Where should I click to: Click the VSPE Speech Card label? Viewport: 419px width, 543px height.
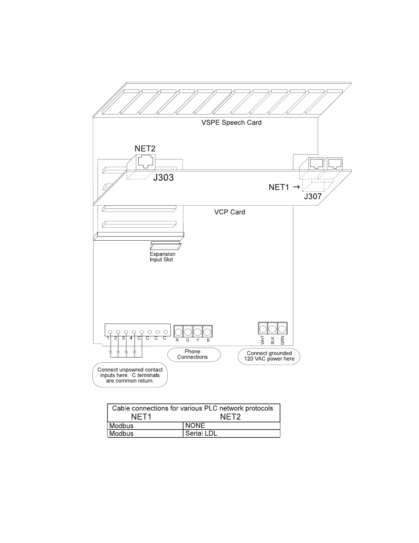tap(231, 123)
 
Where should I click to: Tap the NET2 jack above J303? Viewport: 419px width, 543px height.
tap(145, 161)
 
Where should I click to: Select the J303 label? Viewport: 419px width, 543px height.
tap(163, 178)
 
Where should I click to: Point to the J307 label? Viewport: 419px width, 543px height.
tap(313, 197)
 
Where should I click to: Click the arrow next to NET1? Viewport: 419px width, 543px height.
tap(296, 187)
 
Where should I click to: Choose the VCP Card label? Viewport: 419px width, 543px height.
tap(229, 212)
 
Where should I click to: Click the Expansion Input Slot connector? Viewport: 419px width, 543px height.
tap(165, 245)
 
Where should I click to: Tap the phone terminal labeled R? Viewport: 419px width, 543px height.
tap(178, 331)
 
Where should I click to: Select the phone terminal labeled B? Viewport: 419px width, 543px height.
tap(207, 331)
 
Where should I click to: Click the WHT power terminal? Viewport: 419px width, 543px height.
tap(263, 329)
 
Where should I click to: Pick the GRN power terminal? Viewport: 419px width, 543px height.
tap(282, 329)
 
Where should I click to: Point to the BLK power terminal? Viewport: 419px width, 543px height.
tap(272, 329)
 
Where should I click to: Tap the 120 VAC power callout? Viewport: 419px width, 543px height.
tap(269, 356)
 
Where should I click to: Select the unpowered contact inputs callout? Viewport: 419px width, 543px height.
tap(130, 375)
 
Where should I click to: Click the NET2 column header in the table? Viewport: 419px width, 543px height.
tap(230, 417)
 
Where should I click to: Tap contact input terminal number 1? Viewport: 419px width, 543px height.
tap(110, 332)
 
